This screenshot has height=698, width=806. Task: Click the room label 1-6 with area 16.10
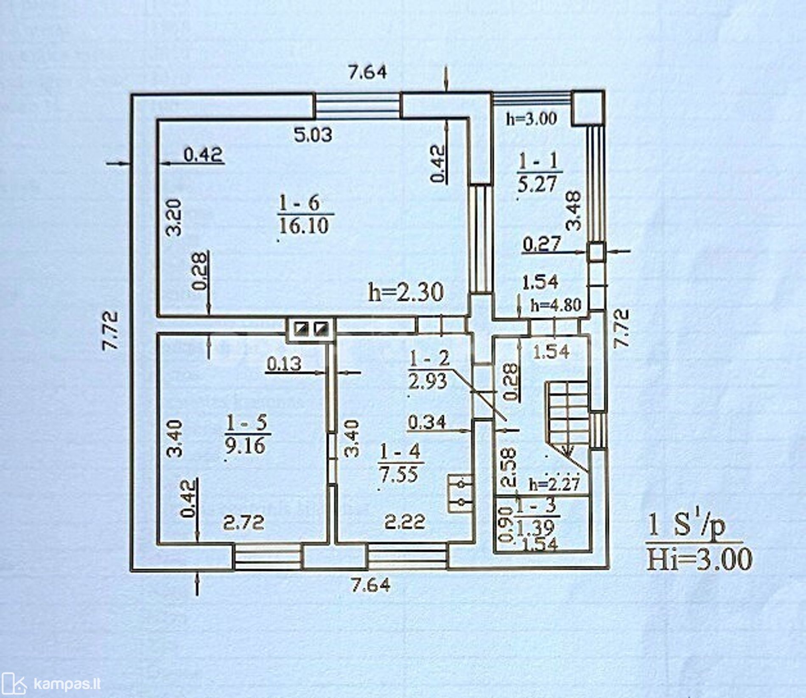304,214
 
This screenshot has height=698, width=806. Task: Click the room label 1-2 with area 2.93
428,370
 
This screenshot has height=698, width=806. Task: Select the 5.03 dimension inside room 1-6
313,135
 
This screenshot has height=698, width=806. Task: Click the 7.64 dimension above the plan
367,72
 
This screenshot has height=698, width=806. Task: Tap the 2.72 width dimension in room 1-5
244,522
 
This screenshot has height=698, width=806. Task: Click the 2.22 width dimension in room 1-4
405,522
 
